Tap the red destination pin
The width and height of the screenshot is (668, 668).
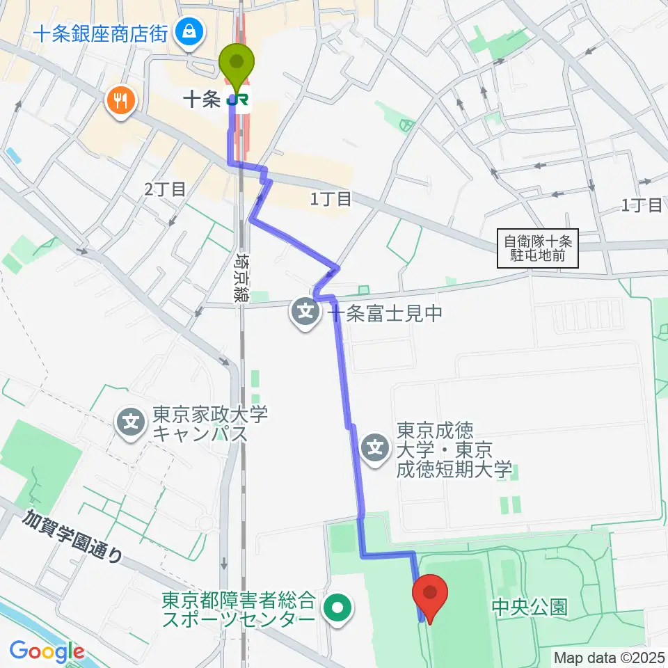coord(430,592)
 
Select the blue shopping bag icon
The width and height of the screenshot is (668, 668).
coord(188,31)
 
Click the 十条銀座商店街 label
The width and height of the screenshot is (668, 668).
coord(100,33)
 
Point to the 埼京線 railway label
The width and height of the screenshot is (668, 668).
coord(242,277)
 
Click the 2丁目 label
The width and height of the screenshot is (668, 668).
coord(165,189)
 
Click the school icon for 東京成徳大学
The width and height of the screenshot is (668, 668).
coord(376,445)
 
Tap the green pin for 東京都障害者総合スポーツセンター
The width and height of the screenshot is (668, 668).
coord(337,607)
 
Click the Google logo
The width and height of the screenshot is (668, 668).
coord(47,651)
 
